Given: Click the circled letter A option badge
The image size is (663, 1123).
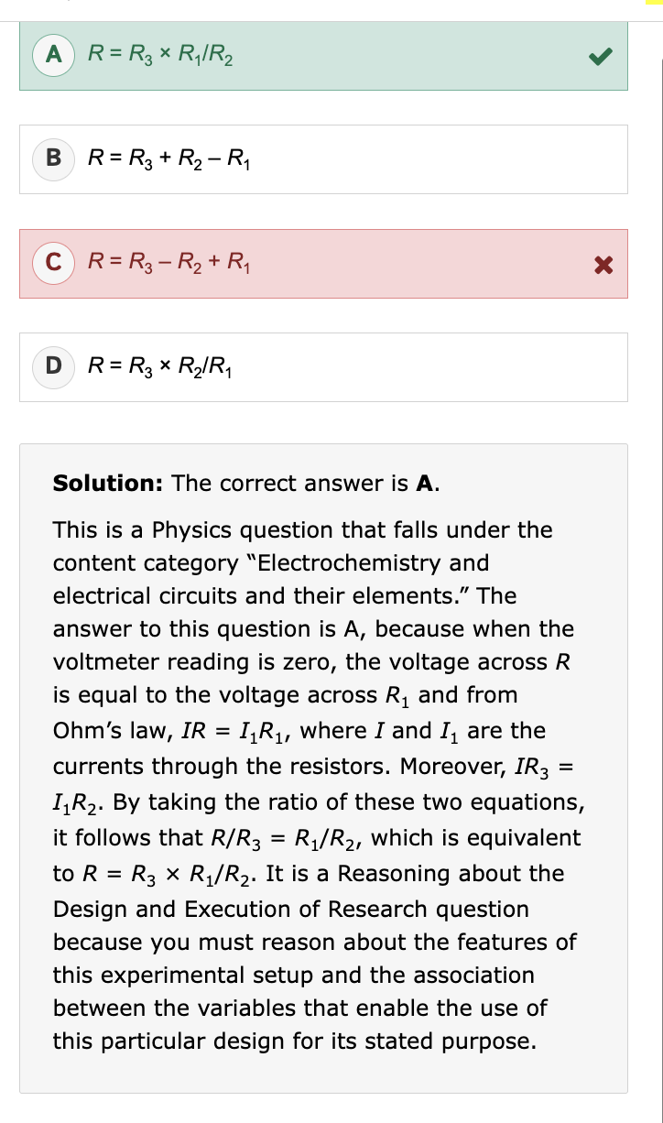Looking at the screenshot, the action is tap(54, 55).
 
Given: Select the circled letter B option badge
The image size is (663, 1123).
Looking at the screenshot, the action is tap(54, 159).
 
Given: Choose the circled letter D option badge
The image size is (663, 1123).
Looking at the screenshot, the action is tap(54, 367).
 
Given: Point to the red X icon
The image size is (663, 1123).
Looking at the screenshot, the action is tap(602, 265).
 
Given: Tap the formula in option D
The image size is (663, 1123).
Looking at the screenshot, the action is tap(159, 368).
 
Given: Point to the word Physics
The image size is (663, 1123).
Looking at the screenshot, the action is tap(188, 529).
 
